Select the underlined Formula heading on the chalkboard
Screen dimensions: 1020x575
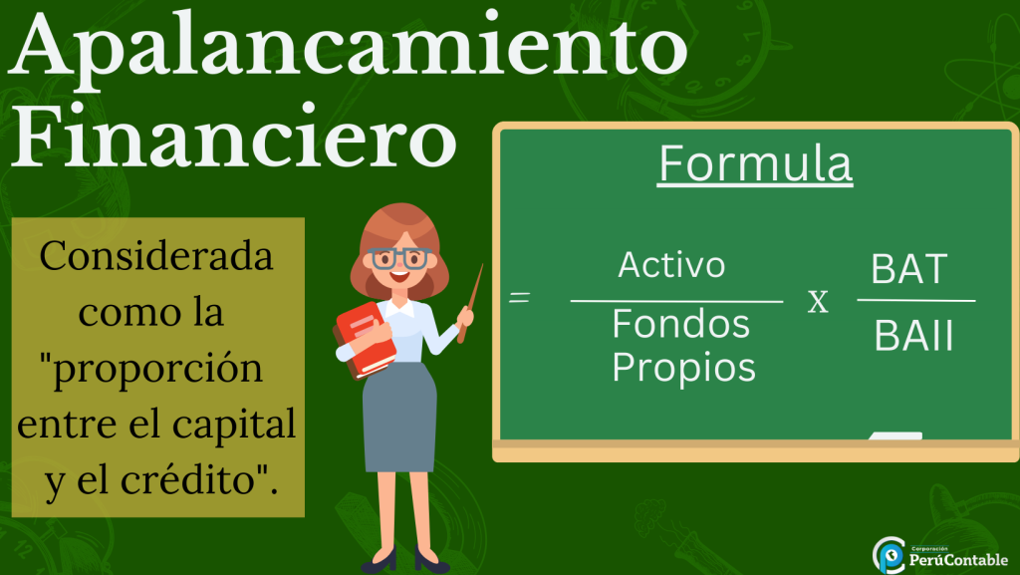click(755, 163)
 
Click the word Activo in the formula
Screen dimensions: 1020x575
click(671, 265)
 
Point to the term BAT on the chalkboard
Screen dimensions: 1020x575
click(908, 269)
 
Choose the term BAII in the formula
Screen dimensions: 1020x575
click(913, 336)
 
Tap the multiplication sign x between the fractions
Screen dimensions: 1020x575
click(819, 302)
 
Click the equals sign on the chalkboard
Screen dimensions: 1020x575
click(519, 297)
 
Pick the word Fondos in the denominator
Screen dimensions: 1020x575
click(681, 324)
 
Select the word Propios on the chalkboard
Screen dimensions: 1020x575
click(683, 368)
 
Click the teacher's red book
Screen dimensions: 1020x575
click(365, 340)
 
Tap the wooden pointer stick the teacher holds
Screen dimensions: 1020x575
click(470, 303)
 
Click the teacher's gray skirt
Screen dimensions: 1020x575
click(399, 417)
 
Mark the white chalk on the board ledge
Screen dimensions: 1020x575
click(895, 435)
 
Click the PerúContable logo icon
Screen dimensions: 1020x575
click(889, 555)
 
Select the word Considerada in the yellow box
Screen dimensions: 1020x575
click(156, 256)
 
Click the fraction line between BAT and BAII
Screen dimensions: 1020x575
click(916, 301)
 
